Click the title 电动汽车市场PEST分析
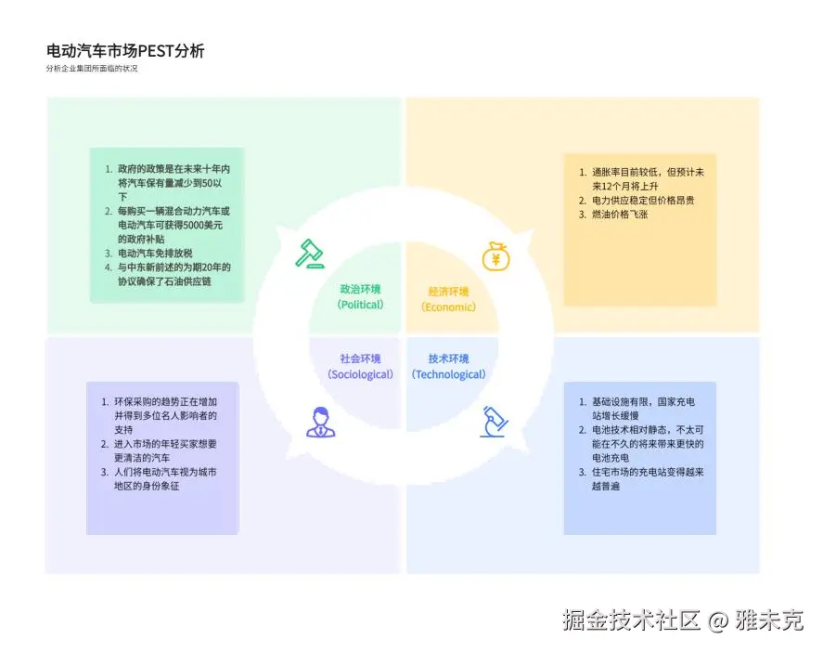click(x=125, y=50)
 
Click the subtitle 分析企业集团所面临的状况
click(x=91, y=69)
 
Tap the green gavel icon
click(x=309, y=254)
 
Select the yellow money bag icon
click(x=495, y=255)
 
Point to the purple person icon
click(x=320, y=422)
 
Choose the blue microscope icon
click(x=494, y=422)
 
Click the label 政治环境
click(x=360, y=290)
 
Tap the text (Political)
click(x=360, y=305)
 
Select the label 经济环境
click(x=448, y=292)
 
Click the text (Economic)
click(x=448, y=306)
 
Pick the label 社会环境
click(x=360, y=359)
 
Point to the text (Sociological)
click(x=360, y=374)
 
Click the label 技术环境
click(x=448, y=359)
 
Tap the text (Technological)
click(x=448, y=374)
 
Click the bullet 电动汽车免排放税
click(x=155, y=253)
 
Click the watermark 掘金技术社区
click(x=631, y=620)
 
